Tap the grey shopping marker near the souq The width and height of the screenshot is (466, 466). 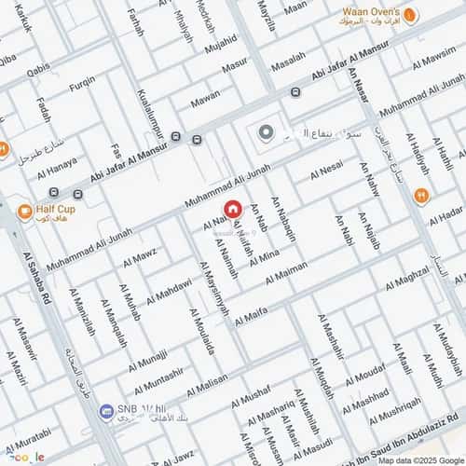pos(267,133)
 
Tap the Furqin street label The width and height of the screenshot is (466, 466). pos(82,82)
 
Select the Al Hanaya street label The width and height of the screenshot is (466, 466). pos(57,167)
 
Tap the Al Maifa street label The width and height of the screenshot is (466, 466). pos(254,318)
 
